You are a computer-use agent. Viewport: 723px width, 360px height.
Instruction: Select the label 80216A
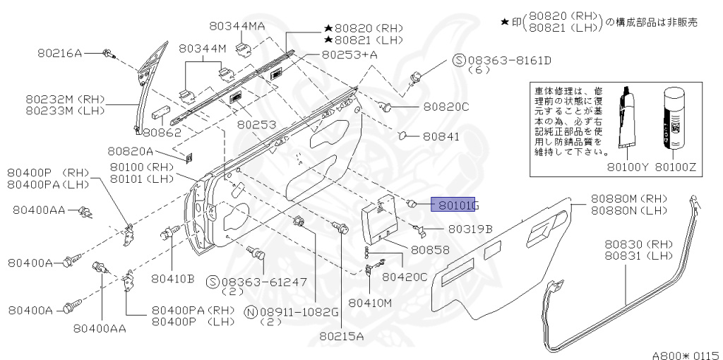[59, 52]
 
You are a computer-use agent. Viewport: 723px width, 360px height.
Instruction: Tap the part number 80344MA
[237, 26]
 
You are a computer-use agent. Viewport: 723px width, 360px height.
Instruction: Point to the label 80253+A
[349, 54]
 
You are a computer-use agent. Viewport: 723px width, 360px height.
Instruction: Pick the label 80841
[441, 136]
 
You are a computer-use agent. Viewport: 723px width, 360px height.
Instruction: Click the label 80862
[162, 131]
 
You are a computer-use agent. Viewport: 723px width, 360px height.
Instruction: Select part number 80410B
[173, 278]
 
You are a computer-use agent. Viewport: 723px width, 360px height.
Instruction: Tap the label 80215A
[340, 336]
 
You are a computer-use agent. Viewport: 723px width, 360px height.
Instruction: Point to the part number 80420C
[405, 277]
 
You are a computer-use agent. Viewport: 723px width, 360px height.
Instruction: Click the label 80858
[430, 249]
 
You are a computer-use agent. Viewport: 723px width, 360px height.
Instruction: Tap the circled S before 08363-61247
[212, 282]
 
